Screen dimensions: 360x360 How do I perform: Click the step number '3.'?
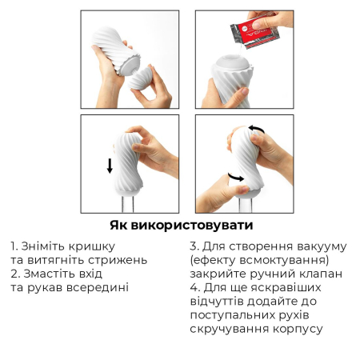click(x=195, y=246)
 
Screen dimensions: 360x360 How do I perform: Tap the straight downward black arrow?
click(x=110, y=166)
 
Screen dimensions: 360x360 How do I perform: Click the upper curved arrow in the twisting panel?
click(x=258, y=128)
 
